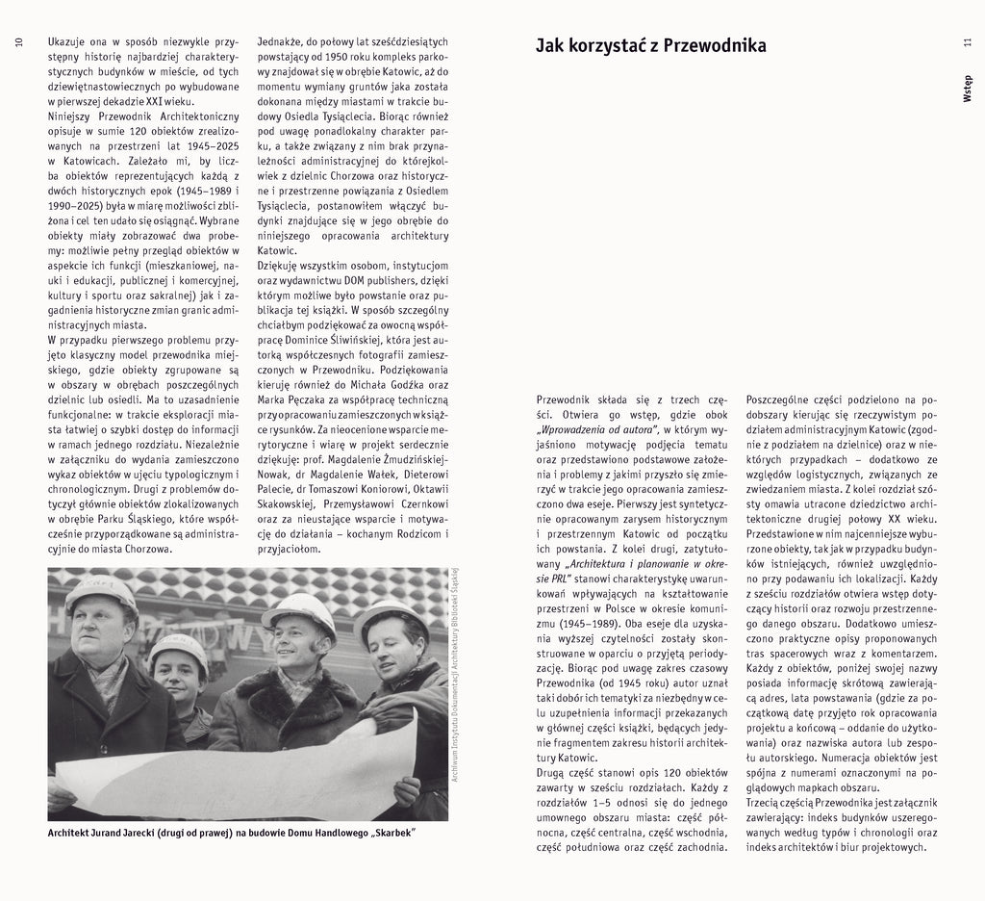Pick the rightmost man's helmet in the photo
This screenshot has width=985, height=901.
point(390,615)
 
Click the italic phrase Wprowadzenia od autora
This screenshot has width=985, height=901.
point(597,429)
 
